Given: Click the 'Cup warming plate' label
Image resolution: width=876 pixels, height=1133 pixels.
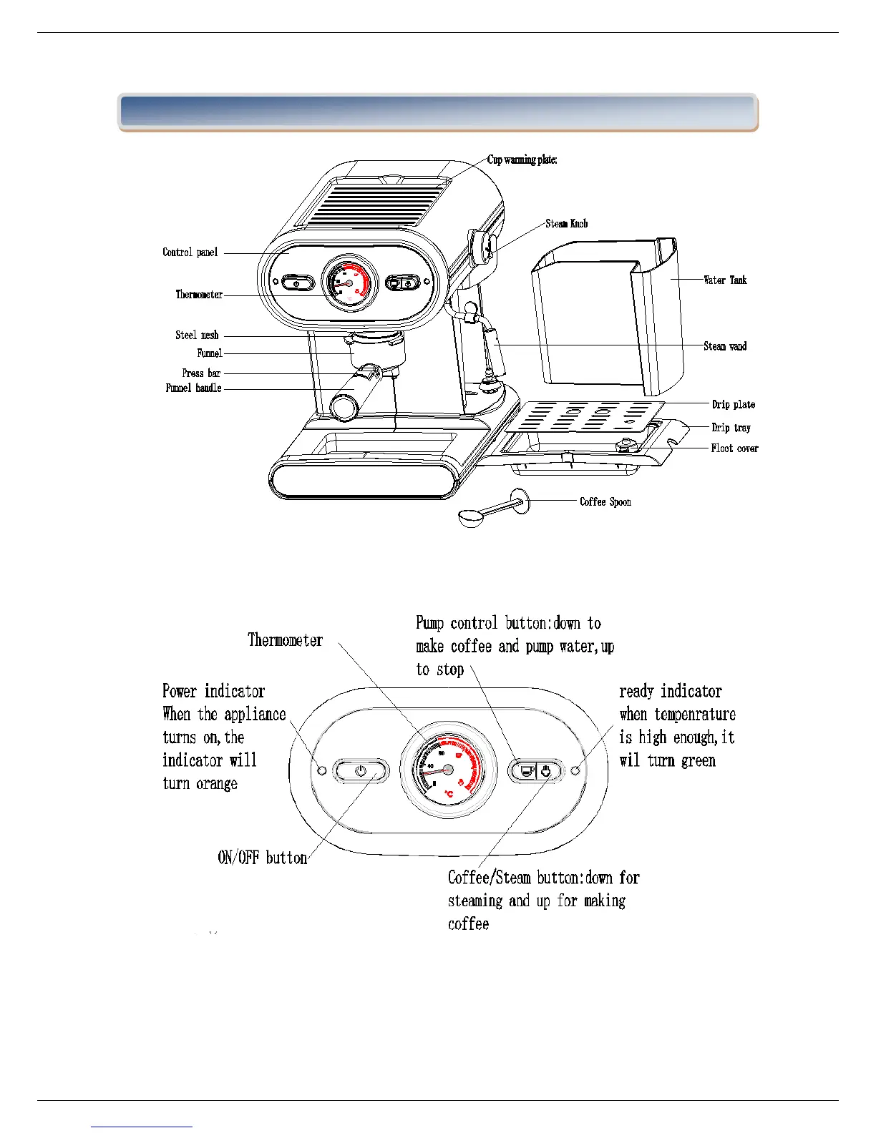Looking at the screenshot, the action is pyautogui.click(x=522, y=160).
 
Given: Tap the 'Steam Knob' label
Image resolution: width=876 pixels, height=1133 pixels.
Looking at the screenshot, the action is pyautogui.click(x=566, y=224).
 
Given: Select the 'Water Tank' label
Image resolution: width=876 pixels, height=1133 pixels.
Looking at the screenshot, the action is pyautogui.click(x=725, y=280).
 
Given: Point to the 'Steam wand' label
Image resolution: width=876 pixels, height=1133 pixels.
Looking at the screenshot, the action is pyautogui.click(x=725, y=346).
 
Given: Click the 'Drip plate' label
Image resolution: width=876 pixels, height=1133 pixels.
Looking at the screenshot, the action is pyautogui.click(x=733, y=405).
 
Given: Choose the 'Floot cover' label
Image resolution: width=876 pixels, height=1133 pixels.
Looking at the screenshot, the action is pyautogui.click(x=734, y=448).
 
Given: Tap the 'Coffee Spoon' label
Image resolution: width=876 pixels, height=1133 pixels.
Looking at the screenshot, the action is pyautogui.click(x=605, y=502).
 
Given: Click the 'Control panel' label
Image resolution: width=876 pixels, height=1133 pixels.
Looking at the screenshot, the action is pyautogui.click(x=190, y=252).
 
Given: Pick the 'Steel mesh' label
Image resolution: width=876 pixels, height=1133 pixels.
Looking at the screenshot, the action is pyautogui.click(x=197, y=335).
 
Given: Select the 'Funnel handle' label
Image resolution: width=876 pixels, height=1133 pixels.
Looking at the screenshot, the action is pyautogui.click(x=193, y=388).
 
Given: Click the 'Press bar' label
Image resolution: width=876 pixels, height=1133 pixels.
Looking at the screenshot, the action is pyautogui.click(x=201, y=373).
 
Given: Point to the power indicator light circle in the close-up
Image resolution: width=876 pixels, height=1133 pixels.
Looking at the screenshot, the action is pyautogui.click(x=322, y=770).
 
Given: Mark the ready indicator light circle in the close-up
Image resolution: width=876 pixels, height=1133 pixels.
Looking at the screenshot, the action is pyautogui.click(x=575, y=770).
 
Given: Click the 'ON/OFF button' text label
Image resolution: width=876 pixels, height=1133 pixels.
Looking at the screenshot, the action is pyautogui.click(x=262, y=858).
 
